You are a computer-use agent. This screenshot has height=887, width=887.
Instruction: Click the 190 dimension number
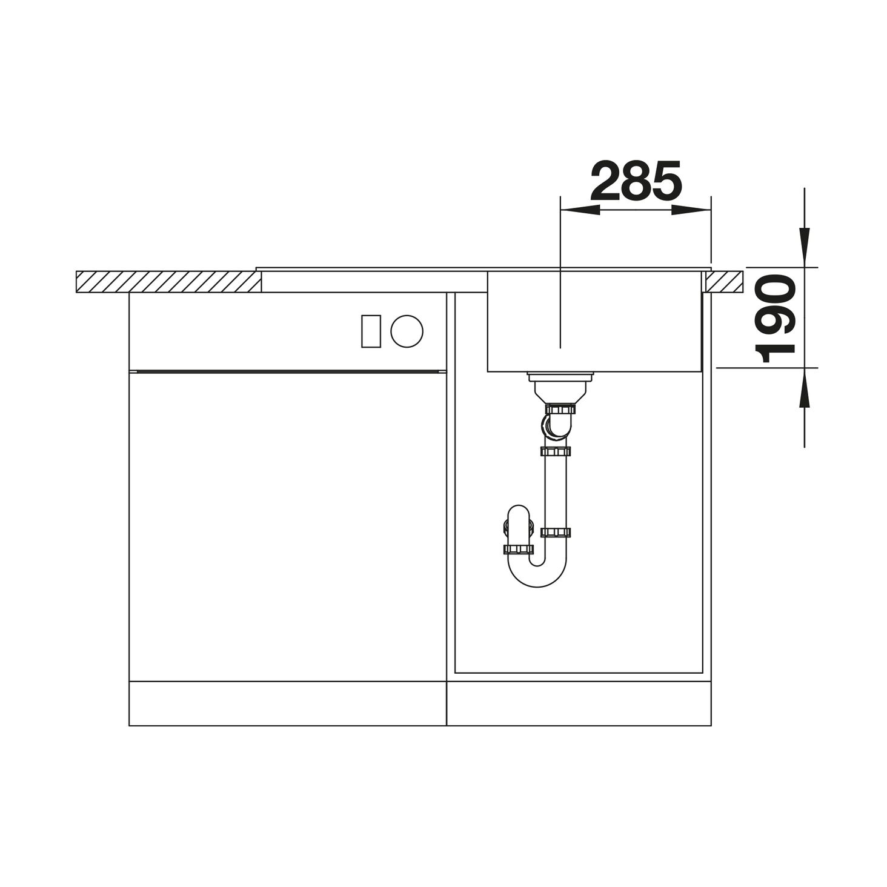[x=776, y=318]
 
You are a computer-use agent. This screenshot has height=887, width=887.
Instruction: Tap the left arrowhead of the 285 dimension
[x=580, y=210]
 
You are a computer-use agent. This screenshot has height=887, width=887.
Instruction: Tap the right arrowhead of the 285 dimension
[x=691, y=210]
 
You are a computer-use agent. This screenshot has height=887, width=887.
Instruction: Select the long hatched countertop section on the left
[x=168, y=282]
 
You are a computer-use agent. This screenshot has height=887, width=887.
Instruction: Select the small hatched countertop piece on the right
[x=723, y=282]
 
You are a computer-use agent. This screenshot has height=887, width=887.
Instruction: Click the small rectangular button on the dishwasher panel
[x=371, y=331]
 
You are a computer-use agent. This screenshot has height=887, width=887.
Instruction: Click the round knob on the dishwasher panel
[x=407, y=331]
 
